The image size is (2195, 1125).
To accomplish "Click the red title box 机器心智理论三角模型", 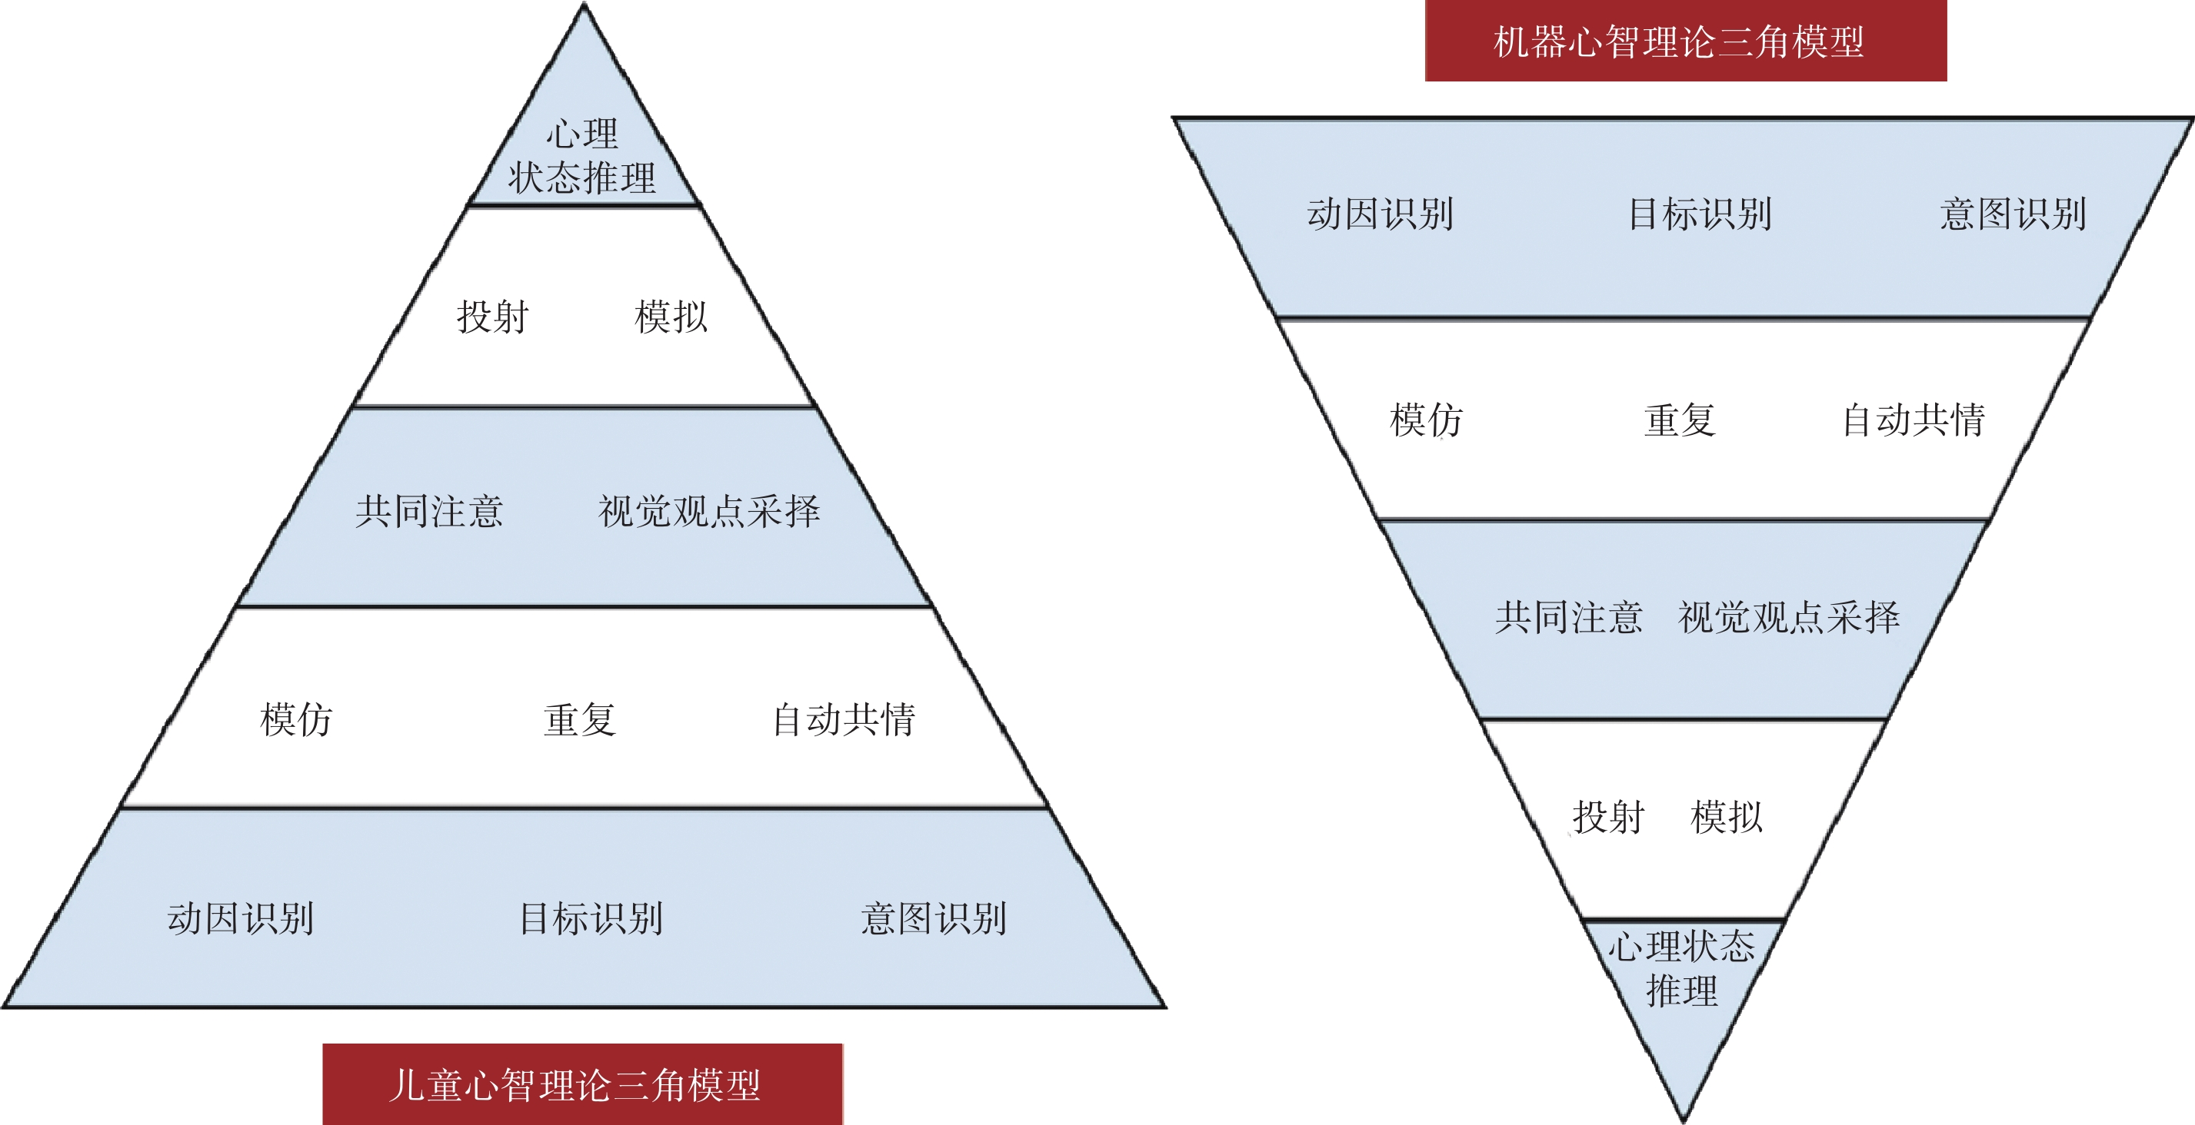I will [1684, 41].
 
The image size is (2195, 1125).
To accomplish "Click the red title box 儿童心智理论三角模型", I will [582, 1084].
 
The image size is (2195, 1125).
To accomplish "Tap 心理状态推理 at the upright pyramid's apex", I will [583, 157].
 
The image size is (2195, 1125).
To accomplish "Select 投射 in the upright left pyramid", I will [493, 317].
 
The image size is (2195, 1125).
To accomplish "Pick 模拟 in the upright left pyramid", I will [671, 317].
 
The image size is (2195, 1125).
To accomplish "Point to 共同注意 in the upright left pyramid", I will [429, 511].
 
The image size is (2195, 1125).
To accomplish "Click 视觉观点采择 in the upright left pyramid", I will [709, 511].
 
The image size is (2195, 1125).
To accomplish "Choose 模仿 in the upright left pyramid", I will [295, 719].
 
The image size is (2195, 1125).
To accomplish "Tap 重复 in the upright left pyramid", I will [579, 719].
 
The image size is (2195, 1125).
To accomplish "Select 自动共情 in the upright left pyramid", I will [844, 719].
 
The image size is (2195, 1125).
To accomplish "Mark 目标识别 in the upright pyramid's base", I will [591, 919].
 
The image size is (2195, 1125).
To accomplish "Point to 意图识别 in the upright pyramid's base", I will [934, 919].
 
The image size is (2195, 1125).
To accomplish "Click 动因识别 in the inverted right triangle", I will [1381, 214].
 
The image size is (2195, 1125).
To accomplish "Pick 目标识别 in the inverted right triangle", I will [1700, 214].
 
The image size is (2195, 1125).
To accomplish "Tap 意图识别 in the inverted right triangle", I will [2013, 214].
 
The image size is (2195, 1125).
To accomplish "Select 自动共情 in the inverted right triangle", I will [1914, 420].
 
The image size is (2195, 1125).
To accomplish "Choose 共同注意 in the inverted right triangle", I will [1569, 617].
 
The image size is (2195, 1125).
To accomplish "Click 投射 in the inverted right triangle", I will [1608, 818].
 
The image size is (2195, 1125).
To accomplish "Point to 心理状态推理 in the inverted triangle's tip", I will [1681, 968].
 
